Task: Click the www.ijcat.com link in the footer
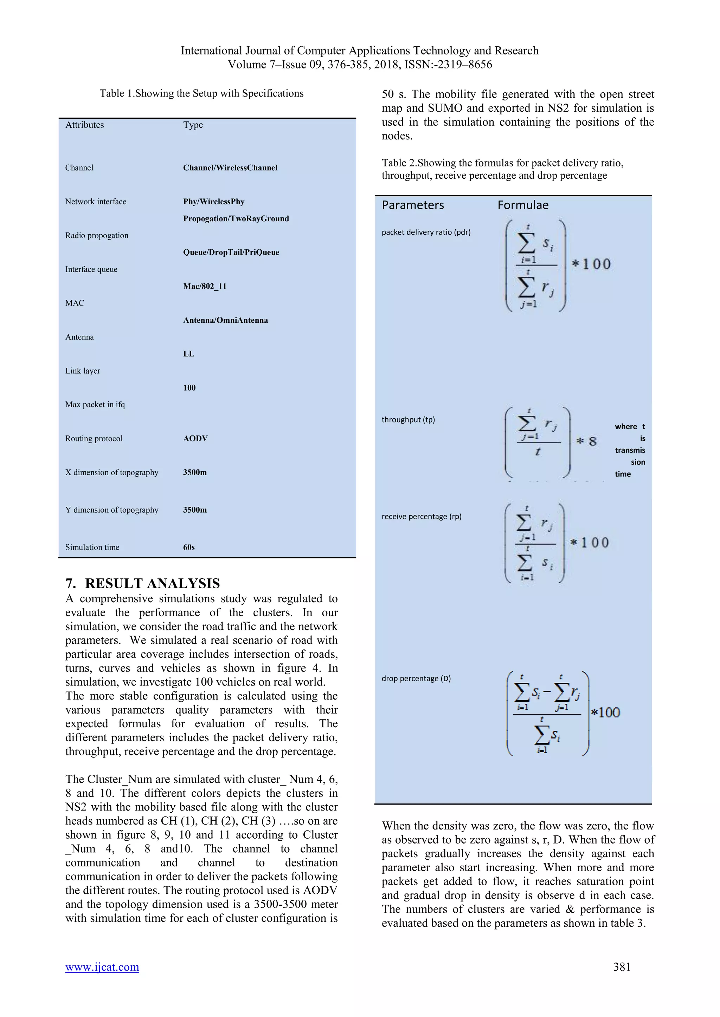pyautogui.click(x=102, y=967)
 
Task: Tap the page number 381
pyautogui.click(x=622, y=967)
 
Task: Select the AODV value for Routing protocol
pyautogui.click(x=195, y=439)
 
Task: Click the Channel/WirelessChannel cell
pyautogui.click(x=230, y=168)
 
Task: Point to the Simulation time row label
pyautogui.click(x=92, y=547)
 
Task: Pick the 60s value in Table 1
pyautogui.click(x=189, y=547)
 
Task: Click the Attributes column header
pyautogui.click(x=85, y=125)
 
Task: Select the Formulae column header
pyautogui.click(x=523, y=205)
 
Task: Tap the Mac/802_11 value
pyautogui.click(x=205, y=286)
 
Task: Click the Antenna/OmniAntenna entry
pyautogui.click(x=225, y=320)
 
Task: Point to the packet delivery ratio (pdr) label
pyautogui.click(x=426, y=232)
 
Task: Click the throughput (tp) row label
pyautogui.click(x=408, y=419)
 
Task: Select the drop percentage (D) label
pyautogui.click(x=416, y=678)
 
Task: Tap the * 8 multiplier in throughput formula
pyautogui.click(x=586, y=441)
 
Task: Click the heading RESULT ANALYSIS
pyautogui.click(x=152, y=583)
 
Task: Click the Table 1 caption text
pyautogui.click(x=201, y=93)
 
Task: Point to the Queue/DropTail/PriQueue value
pyautogui.click(x=231, y=252)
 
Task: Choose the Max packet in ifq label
pyautogui.click(x=95, y=405)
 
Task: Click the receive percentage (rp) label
pyautogui.click(x=422, y=517)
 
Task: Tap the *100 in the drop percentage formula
pyautogui.click(x=606, y=713)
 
